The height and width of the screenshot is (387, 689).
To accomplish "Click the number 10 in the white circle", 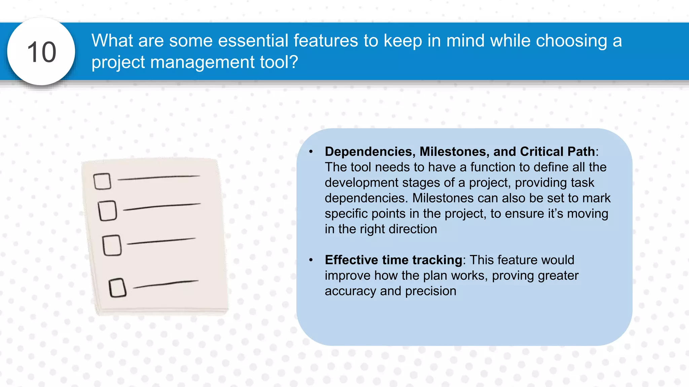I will coord(41,52).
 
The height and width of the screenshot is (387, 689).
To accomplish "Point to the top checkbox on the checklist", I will coord(102,181).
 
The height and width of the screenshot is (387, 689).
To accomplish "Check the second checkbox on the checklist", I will coord(108,211).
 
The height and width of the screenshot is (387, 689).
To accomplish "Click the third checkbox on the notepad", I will coord(112,245).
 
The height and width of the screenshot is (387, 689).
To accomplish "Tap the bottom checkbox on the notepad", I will coord(117,288).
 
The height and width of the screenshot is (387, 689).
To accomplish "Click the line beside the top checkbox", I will coord(159,177).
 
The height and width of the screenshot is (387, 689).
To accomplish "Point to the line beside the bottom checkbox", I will coord(166,284).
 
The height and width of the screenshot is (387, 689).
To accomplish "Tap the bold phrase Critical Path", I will coord(557,152).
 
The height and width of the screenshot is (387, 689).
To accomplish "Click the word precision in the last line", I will coord(431,291).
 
